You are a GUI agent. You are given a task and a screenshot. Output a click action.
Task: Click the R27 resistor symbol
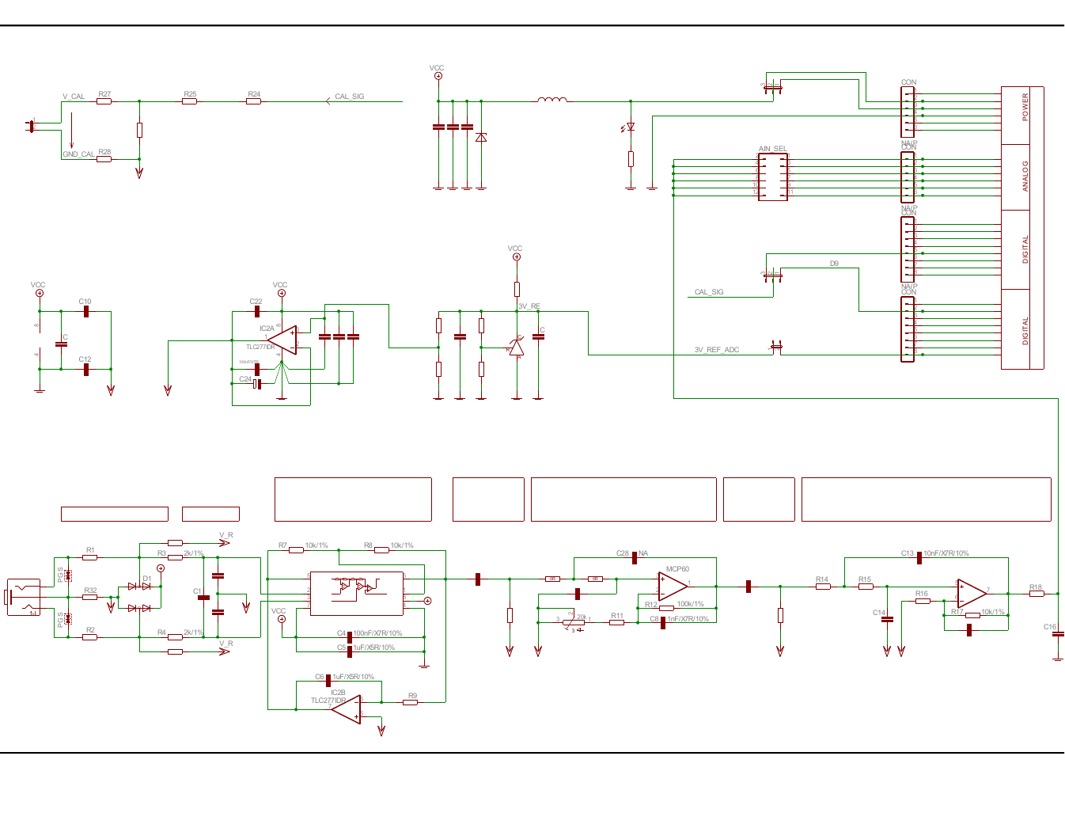point(104,101)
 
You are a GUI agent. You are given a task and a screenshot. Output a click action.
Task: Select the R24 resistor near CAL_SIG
point(253,101)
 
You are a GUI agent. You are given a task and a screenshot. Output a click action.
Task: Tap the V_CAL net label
point(74,97)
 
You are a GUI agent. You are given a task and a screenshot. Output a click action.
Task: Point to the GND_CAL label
point(78,154)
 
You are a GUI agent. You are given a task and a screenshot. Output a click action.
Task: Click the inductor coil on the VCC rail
point(552,100)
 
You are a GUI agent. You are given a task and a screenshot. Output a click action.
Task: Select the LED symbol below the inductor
point(631,127)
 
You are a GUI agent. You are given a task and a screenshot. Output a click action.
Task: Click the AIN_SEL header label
point(772,149)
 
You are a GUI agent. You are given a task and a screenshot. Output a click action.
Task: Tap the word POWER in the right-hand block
point(1025,107)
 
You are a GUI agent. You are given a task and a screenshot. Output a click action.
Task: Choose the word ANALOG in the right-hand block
point(1025,176)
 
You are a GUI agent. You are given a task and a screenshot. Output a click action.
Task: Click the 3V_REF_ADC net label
point(717,350)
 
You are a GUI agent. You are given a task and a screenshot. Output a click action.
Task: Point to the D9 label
point(834,264)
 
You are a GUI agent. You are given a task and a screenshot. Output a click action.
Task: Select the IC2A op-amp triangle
point(283,340)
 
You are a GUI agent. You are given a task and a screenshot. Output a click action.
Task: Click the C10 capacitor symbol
point(86,312)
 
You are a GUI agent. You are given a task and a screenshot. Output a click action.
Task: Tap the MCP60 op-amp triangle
point(673,587)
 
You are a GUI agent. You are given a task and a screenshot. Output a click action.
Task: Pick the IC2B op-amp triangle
point(347,709)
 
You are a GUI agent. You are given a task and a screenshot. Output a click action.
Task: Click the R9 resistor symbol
point(410,702)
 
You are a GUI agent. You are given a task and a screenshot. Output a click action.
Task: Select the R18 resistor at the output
point(1037,594)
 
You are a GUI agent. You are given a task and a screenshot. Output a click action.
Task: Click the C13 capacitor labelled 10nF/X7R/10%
point(919,558)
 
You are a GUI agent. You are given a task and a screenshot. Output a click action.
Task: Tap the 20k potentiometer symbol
point(574,622)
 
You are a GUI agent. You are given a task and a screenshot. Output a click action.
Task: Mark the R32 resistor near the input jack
point(90,597)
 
